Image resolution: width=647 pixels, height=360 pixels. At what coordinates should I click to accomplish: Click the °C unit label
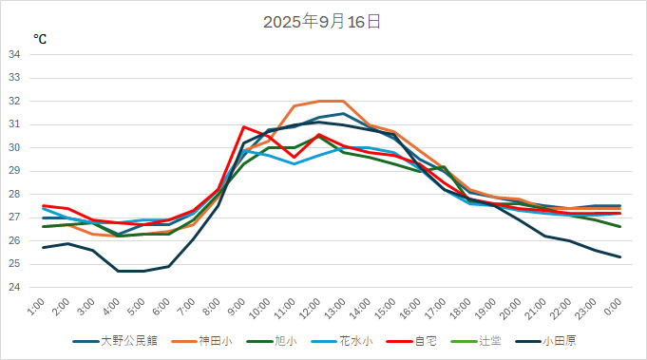tap(40, 39)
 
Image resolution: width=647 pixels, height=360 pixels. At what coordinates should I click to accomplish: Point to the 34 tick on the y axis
tap(14, 54)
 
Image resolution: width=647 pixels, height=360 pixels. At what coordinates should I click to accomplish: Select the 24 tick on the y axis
tap(14, 287)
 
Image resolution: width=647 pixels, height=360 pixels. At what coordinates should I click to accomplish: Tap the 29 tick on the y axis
tap(14, 171)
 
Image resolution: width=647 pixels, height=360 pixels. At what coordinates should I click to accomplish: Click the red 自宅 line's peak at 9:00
tap(244, 126)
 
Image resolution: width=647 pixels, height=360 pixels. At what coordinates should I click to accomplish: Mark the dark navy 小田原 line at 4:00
tap(119, 271)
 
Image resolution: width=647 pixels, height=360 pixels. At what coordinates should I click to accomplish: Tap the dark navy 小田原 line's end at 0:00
tap(619, 256)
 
